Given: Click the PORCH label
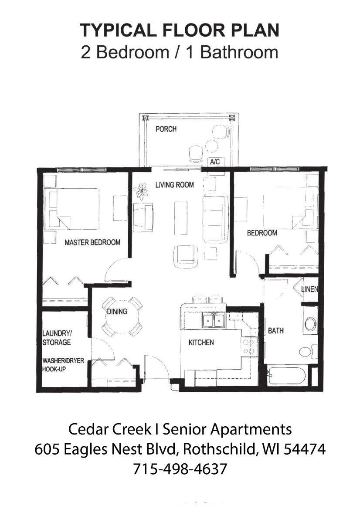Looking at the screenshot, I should point(166,129).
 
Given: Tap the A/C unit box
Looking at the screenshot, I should point(215,162).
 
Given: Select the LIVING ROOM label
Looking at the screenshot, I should point(174,185).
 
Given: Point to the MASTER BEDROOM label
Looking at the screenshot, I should point(92,242).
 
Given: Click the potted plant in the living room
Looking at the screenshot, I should point(141,191).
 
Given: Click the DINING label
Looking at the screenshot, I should point(117,312).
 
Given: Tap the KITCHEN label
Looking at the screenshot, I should point(201,343).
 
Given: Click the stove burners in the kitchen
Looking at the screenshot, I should point(249,346).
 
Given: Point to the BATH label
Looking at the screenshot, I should point(275,331).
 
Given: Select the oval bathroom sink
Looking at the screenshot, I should point(310,324).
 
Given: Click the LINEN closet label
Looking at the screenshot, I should point(309,289).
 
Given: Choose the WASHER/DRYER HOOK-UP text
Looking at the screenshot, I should point(63,365).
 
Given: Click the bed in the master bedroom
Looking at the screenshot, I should point(74,209).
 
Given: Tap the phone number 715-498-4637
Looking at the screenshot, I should point(180,469).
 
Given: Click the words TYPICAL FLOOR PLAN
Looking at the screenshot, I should point(180,31).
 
